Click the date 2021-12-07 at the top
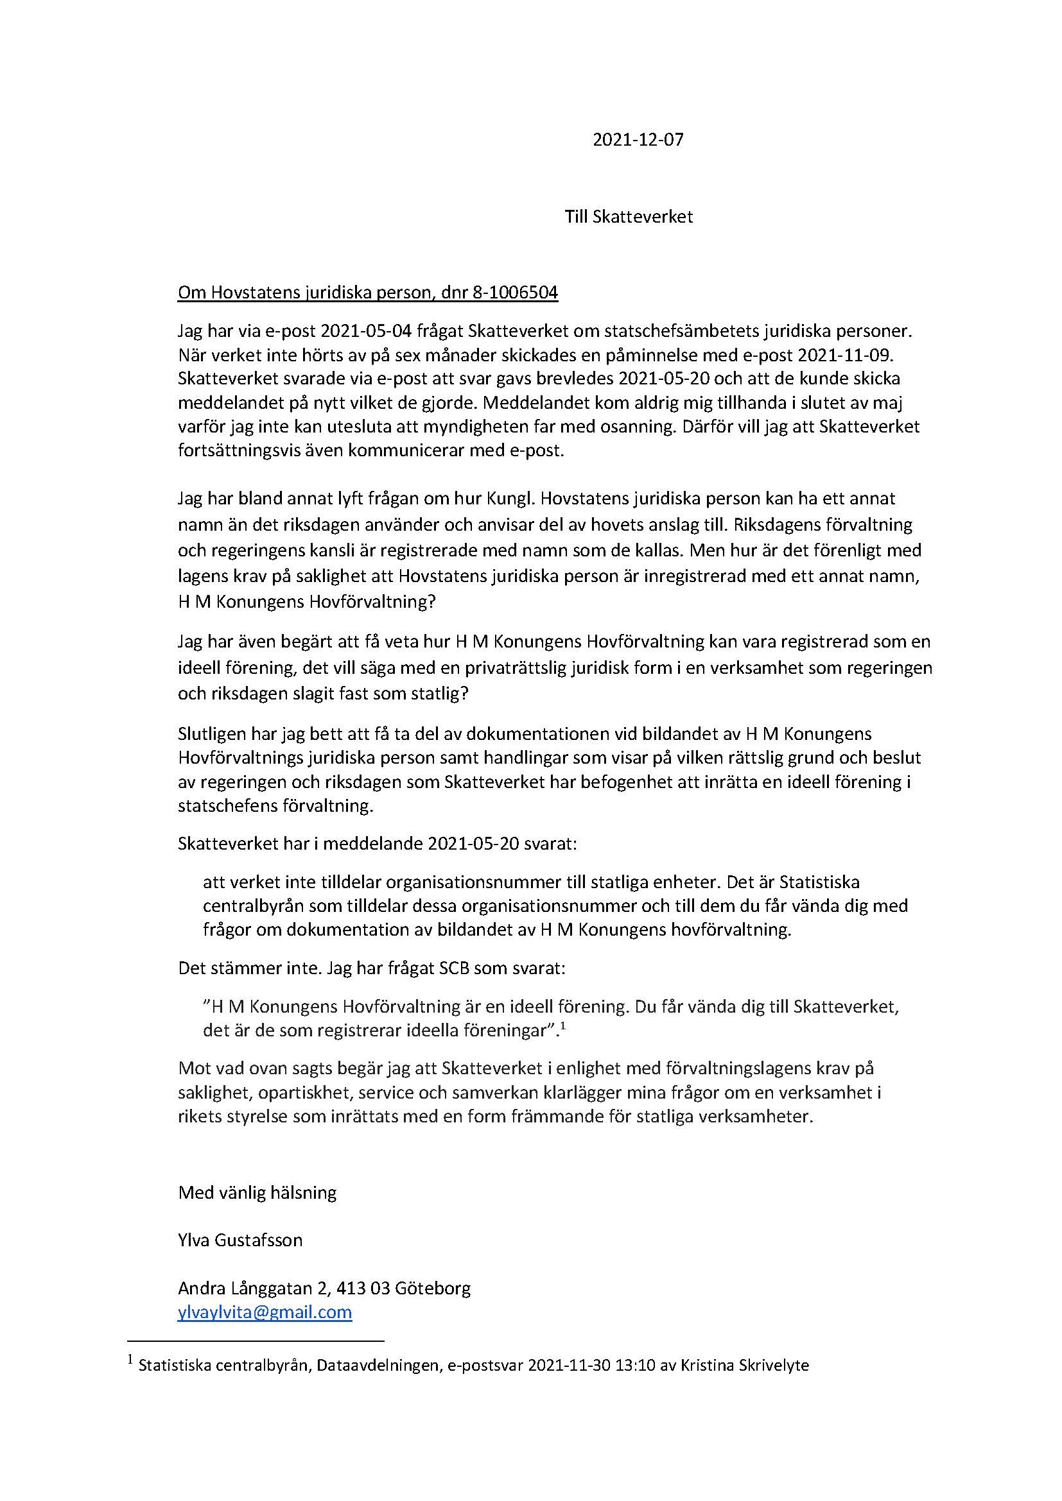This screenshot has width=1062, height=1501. pos(638,140)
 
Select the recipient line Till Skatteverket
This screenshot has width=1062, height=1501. pos(629,217)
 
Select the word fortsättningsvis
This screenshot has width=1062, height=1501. pos(236,451)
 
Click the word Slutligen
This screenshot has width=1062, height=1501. pos(213,734)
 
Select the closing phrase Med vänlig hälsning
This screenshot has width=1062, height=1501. pos(257,1193)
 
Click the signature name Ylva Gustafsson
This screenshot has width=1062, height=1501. pos(240,1240)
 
